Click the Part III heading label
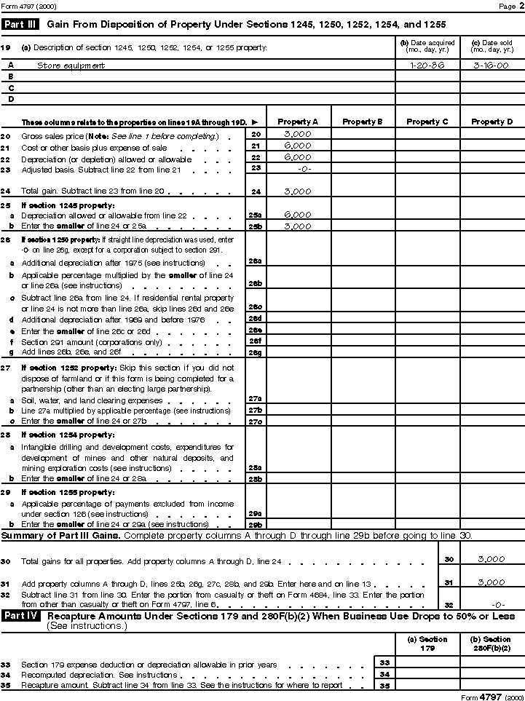[21, 24]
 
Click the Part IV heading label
[21, 616]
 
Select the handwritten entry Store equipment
[71, 66]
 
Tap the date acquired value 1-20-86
[427, 65]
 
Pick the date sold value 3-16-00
[492, 65]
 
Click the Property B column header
[362, 122]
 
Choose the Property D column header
[492, 122]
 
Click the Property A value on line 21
[298, 146]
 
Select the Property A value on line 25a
[298, 215]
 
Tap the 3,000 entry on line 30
[491, 560]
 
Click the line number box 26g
[255, 352]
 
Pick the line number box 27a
[255, 400]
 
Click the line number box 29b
[255, 524]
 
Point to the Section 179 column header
[427, 643]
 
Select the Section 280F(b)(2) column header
[492, 643]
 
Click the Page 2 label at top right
[507, 6]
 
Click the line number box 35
[384, 685]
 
